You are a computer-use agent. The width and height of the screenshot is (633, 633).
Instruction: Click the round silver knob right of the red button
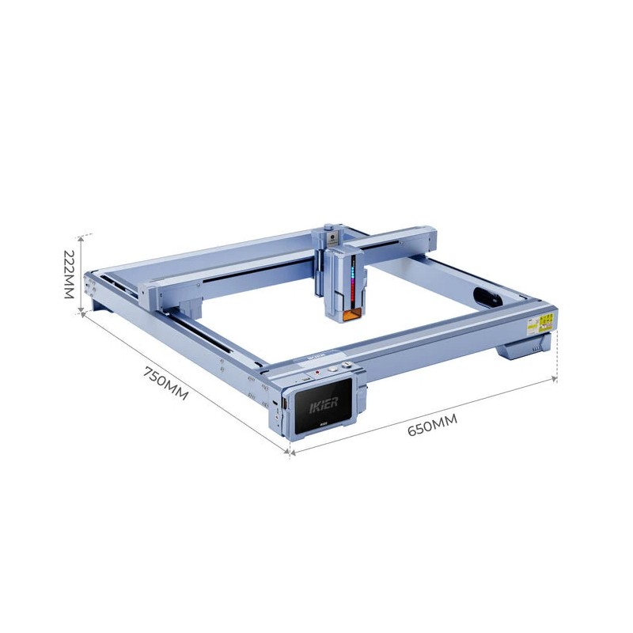pos(334,369)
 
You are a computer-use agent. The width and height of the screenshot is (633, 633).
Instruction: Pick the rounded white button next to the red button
pos(346,366)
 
